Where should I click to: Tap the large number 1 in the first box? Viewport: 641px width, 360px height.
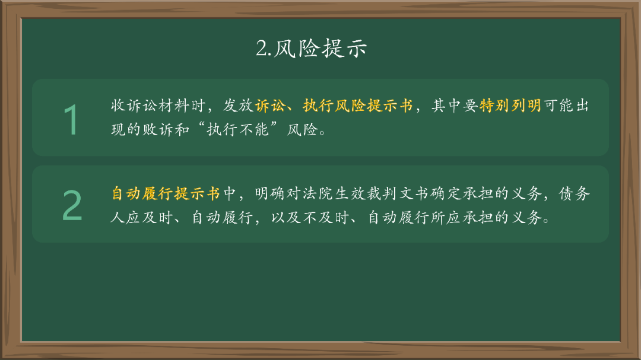tap(71, 119)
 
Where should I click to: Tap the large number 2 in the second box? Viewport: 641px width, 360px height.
tap(72, 206)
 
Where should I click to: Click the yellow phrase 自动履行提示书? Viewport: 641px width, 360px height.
tap(166, 193)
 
